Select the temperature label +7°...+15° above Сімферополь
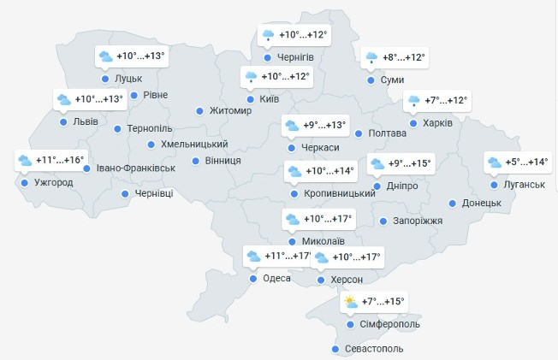coord(383,302)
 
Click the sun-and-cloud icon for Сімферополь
coord(351,302)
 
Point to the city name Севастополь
coord(371,349)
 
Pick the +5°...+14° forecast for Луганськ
coord(526,162)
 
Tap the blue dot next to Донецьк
coord(453,204)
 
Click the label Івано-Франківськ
coord(135,168)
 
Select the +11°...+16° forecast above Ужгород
coord(61,160)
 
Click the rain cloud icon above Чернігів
coord(268,35)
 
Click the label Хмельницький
coord(194,145)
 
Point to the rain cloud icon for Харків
coord(413,101)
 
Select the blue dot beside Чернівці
coord(126,194)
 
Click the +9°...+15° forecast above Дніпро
coord(409,163)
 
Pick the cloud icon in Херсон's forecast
coord(322,257)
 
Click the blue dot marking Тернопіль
coord(117,129)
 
